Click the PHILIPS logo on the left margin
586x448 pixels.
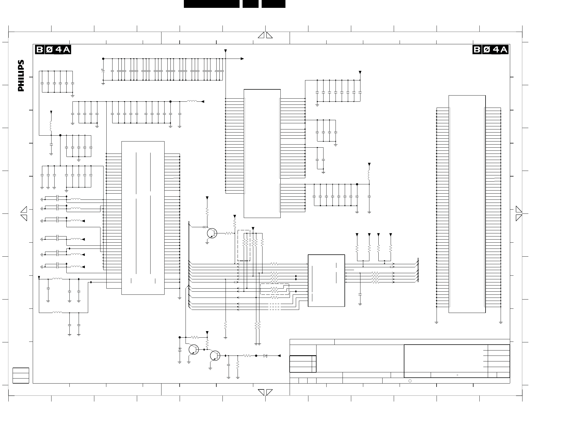tap(21, 76)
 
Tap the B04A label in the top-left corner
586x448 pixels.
tap(53, 50)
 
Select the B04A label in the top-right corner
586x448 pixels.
tap(490, 50)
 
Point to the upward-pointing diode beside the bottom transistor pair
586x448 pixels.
tap(180, 350)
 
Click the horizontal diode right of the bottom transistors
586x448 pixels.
tap(265, 356)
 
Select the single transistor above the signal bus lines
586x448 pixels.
tap(212, 233)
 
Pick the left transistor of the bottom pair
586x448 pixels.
tap(193, 350)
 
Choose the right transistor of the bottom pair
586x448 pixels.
tap(215, 356)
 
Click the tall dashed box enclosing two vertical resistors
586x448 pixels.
tap(244, 245)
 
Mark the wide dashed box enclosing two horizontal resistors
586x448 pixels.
tap(275, 289)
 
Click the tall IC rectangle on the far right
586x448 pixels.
tap(467, 204)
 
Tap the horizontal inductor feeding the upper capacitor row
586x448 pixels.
tap(192, 101)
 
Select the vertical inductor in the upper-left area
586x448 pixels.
tap(51, 126)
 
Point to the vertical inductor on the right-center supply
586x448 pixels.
tap(369, 175)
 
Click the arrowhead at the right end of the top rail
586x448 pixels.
tap(242, 59)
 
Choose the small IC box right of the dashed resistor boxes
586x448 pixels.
tap(326, 280)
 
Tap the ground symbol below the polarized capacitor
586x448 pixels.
tap(103, 83)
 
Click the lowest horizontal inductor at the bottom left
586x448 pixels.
tap(57, 313)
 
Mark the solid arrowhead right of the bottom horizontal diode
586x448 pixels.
tap(279, 356)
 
